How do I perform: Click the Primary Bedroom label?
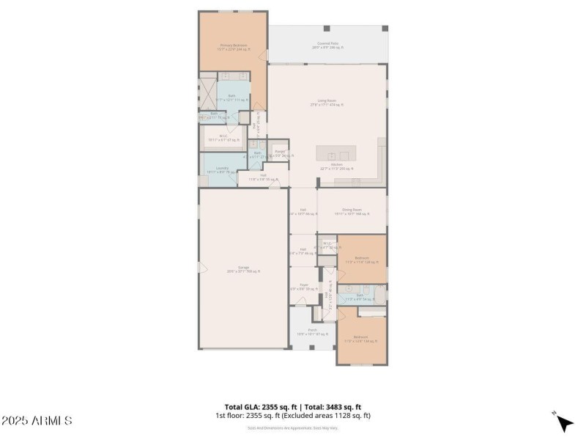[234, 46]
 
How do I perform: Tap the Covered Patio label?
[327, 45]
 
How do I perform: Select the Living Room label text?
[327, 104]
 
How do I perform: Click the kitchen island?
[336, 154]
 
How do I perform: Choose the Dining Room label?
[352, 211]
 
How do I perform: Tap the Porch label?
[313, 331]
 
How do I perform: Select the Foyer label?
[303, 287]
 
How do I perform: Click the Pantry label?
[280, 153]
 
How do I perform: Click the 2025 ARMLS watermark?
[37, 421]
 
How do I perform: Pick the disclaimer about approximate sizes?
[292, 428]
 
